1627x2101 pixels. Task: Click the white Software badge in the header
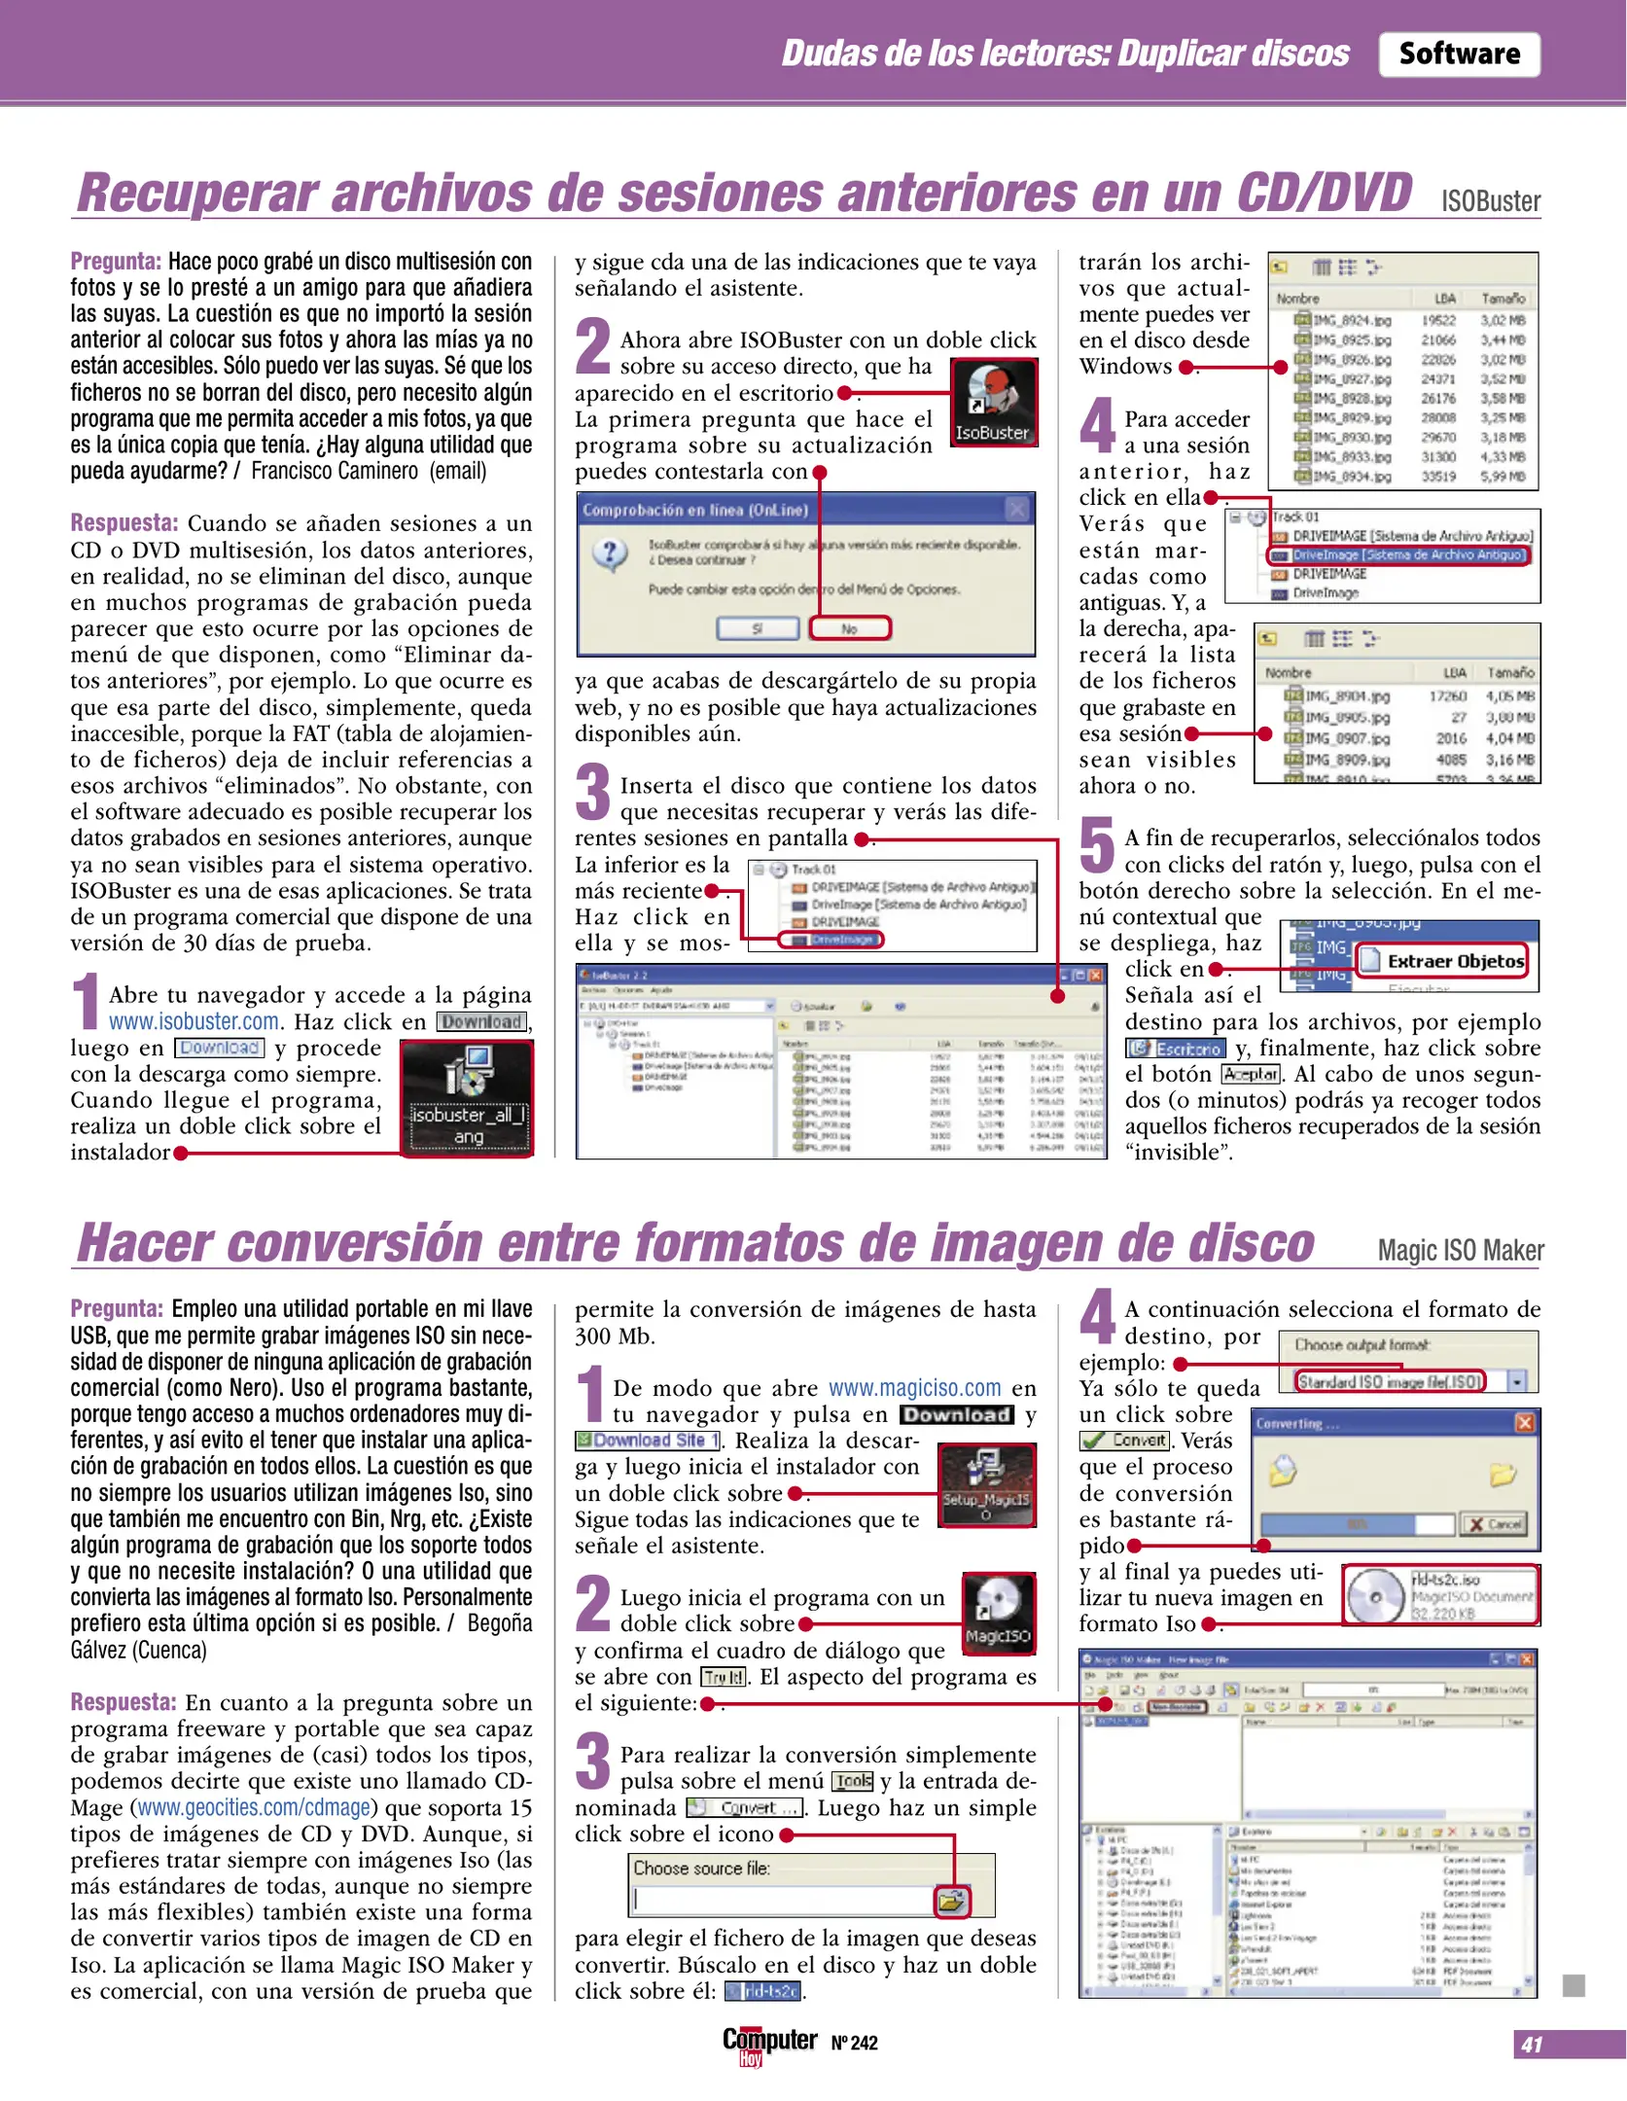click(x=1458, y=54)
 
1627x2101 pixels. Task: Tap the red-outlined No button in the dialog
click(x=849, y=628)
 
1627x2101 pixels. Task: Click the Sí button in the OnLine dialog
click(x=757, y=628)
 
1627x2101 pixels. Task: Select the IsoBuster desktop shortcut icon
click(x=992, y=403)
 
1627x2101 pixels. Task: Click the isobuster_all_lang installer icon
click(x=468, y=1096)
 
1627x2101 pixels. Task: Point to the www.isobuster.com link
click(x=194, y=1021)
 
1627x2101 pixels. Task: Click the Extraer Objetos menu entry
click(x=1442, y=961)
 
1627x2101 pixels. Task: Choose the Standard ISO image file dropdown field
click(x=1390, y=1381)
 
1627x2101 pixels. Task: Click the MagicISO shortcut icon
click(x=997, y=1612)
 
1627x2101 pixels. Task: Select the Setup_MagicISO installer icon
click(x=986, y=1484)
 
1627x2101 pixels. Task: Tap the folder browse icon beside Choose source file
click(x=951, y=1901)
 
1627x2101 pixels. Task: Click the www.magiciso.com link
click(x=914, y=1388)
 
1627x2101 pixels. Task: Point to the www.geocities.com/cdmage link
click(x=254, y=1807)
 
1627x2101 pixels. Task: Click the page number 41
click(x=1532, y=2044)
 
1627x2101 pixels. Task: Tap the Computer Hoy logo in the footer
click(x=768, y=2044)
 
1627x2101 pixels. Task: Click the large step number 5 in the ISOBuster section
click(x=1097, y=844)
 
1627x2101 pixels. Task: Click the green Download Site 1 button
click(x=647, y=1441)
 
